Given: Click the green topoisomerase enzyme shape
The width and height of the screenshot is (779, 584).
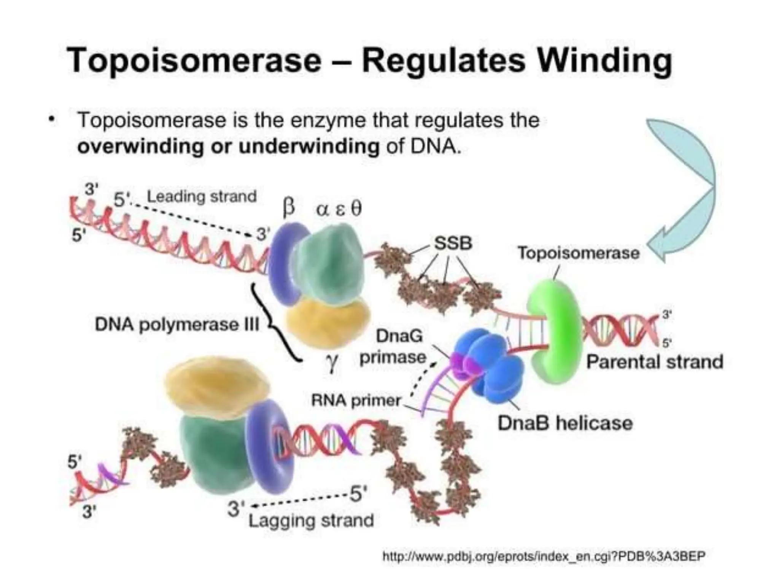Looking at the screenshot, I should click(x=555, y=331).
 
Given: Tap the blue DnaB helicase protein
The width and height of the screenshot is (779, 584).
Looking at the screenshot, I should click(x=491, y=361).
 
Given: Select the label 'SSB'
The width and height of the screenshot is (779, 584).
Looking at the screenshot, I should click(x=453, y=243).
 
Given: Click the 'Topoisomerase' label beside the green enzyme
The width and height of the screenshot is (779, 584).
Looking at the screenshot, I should click(x=578, y=253).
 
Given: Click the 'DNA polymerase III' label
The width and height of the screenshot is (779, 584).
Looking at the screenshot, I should click(x=177, y=325).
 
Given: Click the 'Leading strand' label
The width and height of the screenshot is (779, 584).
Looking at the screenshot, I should click(x=202, y=197).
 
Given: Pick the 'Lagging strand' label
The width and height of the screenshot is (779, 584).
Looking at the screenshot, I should click(x=311, y=520).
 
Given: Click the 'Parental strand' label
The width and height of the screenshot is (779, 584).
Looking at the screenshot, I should click(x=654, y=362).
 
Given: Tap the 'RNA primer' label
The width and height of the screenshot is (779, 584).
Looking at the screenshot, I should click(x=356, y=400).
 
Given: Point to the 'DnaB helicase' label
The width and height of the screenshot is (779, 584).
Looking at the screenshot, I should click(x=565, y=423).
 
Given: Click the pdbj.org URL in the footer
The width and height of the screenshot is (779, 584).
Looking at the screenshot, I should click(x=544, y=556).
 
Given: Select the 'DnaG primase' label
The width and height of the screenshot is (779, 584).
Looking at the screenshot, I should click(x=396, y=347).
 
